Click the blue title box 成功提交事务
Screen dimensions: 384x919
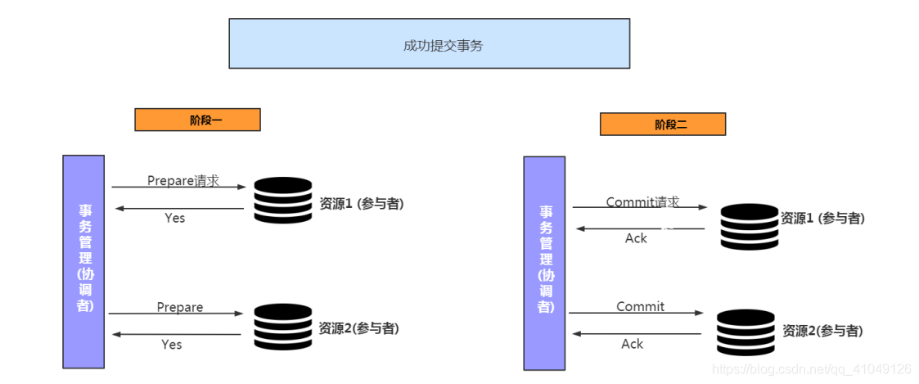(x=429, y=43)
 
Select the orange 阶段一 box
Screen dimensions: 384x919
(x=197, y=120)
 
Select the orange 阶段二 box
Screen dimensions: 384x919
(x=662, y=124)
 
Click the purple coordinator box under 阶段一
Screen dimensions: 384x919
(x=83, y=261)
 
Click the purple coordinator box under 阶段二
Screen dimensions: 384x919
(x=544, y=263)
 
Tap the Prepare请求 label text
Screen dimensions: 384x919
(x=183, y=180)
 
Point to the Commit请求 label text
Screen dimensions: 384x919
(x=642, y=201)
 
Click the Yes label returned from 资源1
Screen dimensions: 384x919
(x=174, y=218)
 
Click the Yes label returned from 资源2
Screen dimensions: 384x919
(x=171, y=345)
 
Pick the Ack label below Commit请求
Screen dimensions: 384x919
(x=636, y=238)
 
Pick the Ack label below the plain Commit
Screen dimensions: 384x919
(x=632, y=344)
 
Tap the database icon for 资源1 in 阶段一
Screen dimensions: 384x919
(x=282, y=201)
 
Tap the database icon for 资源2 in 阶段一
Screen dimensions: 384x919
(x=282, y=327)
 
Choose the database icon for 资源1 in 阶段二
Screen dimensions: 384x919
(x=749, y=226)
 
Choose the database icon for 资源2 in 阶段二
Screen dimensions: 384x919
(x=745, y=332)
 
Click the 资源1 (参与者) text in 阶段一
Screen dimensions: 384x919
(x=361, y=204)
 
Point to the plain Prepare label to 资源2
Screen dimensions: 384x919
(x=180, y=307)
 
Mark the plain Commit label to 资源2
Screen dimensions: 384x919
(x=640, y=306)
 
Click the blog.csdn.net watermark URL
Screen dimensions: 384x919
(x=812, y=369)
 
